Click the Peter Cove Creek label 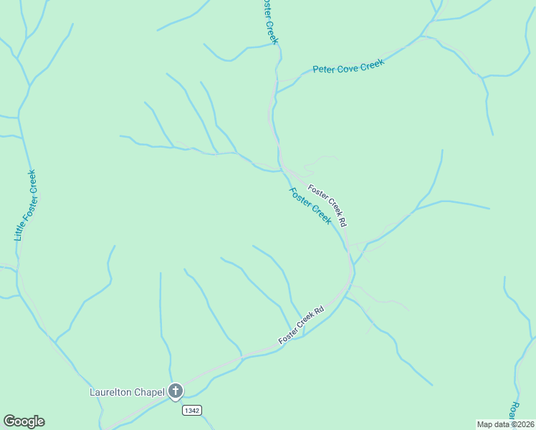349,66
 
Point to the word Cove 346,66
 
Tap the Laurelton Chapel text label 127,392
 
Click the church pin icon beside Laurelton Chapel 176,391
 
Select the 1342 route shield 191,410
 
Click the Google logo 24,421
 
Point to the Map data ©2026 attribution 506,424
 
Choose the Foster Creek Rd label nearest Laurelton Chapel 301,324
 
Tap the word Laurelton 112,392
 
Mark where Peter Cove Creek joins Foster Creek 277,92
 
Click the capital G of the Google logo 9,421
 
